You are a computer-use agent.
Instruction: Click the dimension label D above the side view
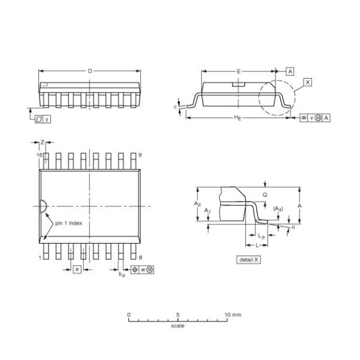(x=90, y=71)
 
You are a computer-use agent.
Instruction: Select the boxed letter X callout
(x=308, y=82)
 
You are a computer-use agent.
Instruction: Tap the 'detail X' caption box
(x=248, y=260)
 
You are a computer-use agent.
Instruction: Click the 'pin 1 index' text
(x=68, y=223)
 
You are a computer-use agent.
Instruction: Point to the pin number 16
(x=39, y=155)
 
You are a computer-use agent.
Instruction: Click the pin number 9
(x=140, y=155)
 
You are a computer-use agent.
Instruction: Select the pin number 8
(x=140, y=257)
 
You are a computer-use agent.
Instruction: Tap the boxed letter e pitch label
(x=77, y=269)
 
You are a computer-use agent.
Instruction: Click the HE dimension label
(x=238, y=118)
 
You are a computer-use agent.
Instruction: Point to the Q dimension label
(x=265, y=195)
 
